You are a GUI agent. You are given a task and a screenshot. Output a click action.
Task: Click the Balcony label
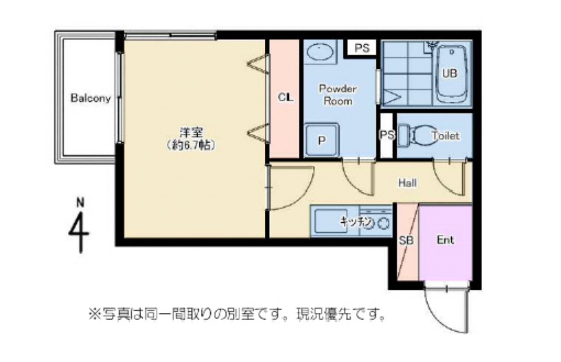click(x=91, y=98)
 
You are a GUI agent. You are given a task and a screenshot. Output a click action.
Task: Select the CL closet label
click(x=285, y=97)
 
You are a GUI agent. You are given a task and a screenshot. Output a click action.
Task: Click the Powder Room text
click(x=338, y=95)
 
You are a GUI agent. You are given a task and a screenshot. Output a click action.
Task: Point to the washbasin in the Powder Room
click(x=319, y=51)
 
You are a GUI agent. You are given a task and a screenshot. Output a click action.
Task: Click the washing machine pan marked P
click(x=321, y=140)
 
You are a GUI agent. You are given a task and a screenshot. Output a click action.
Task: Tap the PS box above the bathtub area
click(x=362, y=48)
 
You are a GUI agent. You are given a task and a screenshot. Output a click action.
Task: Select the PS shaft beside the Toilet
click(x=387, y=135)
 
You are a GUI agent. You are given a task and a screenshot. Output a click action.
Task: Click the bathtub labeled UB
click(x=450, y=74)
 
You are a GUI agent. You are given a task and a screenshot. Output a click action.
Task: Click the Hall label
click(x=407, y=183)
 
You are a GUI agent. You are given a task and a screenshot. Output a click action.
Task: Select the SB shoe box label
click(x=406, y=241)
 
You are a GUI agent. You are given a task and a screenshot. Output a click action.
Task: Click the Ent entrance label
click(x=445, y=240)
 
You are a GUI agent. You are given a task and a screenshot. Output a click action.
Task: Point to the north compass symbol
click(x=79, y=226)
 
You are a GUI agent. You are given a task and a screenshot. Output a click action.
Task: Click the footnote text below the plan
click(x=236, y=313)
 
